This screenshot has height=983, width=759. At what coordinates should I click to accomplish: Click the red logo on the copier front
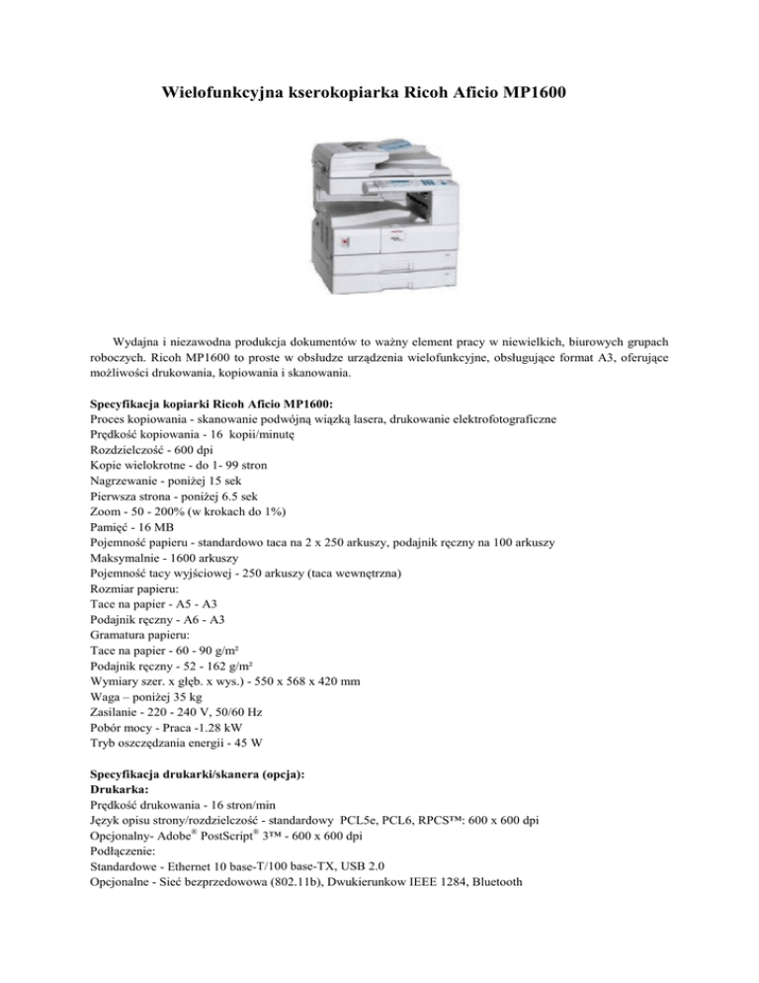point(343,242)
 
